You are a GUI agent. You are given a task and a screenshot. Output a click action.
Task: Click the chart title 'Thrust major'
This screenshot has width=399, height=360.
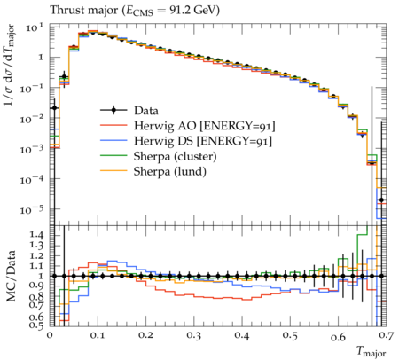point(84,11)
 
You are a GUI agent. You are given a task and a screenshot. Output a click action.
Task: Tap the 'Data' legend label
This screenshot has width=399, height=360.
point(146,111)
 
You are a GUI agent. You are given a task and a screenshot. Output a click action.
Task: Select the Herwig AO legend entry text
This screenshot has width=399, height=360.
point(205,126)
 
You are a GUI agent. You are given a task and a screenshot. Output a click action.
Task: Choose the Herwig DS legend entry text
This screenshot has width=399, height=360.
point(203,141)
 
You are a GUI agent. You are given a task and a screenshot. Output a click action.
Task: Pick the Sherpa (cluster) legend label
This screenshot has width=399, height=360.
point(175,156)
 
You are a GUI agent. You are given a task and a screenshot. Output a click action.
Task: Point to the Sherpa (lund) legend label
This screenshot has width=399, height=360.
point(170,172)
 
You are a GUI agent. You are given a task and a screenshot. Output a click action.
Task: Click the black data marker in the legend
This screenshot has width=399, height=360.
point(113,111)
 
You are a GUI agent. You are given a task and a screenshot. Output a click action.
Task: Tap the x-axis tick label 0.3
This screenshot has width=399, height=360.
point(194,336)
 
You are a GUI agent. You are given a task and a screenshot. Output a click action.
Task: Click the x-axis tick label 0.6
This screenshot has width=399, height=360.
point(339,336)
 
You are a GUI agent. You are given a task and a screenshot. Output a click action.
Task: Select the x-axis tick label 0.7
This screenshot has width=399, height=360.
point(387,336)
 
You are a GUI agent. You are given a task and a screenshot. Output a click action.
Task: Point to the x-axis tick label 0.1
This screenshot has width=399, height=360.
point(98,336)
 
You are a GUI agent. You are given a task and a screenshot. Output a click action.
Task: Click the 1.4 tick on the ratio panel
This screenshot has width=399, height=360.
point(37,236)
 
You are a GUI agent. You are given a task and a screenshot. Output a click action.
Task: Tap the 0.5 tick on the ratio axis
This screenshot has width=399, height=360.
point(37,325)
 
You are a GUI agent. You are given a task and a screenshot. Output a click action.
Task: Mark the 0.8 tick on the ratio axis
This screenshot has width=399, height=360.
point(37,296)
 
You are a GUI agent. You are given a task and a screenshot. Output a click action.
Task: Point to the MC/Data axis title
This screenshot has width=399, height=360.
point(11,276)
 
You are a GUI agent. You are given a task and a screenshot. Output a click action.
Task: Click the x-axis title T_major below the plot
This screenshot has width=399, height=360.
point(372,351)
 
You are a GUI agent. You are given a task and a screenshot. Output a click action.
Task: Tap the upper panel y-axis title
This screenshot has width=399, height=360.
point(9,66)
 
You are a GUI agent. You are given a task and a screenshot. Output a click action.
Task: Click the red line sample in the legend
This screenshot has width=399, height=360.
point(113,125)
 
